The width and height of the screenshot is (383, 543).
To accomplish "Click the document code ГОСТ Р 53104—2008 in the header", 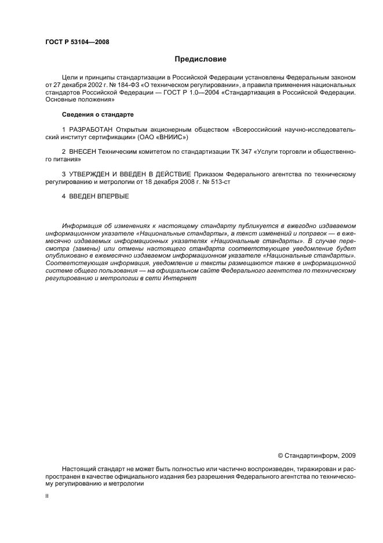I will click(76, 42).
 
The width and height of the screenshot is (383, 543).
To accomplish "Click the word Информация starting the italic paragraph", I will click(82, 225).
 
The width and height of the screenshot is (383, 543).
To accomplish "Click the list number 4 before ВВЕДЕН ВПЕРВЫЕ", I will click(64, 196).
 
